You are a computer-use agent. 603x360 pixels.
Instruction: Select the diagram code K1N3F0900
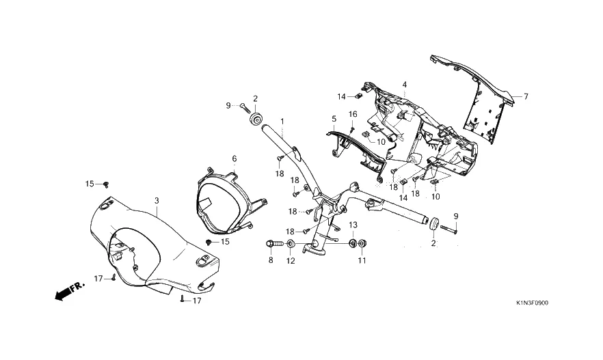coord(532,303)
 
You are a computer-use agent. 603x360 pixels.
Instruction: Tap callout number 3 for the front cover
coord(157,201)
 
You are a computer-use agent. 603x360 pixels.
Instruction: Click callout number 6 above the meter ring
coord(234,158)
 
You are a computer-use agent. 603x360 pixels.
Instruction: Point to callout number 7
coord(526,96)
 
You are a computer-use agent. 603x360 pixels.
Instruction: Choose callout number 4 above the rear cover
coord(405,85)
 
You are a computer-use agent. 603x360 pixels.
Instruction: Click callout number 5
coord(334,119)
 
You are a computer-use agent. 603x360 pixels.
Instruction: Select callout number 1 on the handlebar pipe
coord(282,122)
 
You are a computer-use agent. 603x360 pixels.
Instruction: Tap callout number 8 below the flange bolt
coord(271,260)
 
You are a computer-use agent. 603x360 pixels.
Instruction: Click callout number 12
coord(291,261)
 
